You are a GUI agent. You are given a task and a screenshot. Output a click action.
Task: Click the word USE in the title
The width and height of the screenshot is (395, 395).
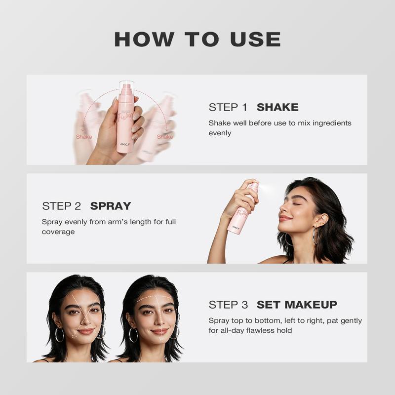(255, 39)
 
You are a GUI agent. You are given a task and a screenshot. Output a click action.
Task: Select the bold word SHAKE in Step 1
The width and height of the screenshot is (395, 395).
(277, 107)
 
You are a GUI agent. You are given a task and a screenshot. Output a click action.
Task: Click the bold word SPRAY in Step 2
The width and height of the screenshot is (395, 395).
(111, 206)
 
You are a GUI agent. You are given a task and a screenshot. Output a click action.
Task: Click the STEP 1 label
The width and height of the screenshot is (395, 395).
(228, 107)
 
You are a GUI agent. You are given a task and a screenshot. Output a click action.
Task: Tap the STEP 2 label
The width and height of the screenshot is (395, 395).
(61, 206)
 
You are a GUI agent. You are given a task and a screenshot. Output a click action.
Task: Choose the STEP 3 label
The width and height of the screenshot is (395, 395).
(228, 305)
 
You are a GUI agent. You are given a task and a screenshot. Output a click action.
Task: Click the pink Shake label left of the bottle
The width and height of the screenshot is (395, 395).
(84, 137)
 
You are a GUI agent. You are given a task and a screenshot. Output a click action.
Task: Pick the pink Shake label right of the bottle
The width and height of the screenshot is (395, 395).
(165, 137)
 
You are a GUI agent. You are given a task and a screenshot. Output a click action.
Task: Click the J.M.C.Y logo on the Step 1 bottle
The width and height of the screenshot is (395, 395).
(125, 144)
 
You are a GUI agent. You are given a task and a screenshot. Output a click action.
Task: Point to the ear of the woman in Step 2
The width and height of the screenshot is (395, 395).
(321, 220)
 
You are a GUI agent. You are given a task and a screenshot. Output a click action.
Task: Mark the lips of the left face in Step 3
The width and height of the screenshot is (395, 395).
(85, 331)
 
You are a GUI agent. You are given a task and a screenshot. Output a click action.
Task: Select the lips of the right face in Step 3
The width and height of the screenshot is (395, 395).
(159, 331)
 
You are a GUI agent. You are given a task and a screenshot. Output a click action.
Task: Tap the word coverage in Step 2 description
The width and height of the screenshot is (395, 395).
(58, 232)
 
